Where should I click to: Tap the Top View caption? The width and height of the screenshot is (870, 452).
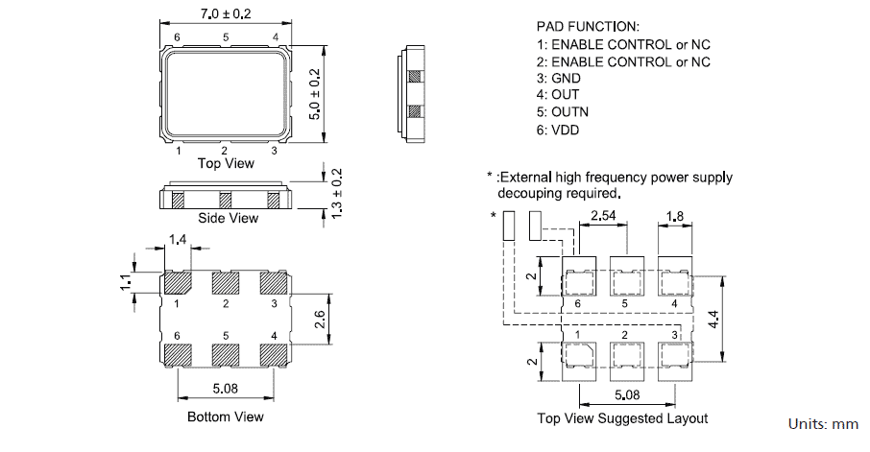[x=226, y=163]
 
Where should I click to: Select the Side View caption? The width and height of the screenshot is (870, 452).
[x=228, y=218]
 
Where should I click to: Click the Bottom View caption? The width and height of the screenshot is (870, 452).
[x=226, y=416]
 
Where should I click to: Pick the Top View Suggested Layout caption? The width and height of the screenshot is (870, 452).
[x=622, y=418]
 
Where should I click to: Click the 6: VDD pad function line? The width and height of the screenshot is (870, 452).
[x=558, y=130]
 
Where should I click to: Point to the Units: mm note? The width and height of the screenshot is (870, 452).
[x=823, y=423]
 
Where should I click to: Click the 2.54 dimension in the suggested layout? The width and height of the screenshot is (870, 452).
[x=603, y=217]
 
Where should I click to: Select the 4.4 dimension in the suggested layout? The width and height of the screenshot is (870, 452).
[x=740, y=320]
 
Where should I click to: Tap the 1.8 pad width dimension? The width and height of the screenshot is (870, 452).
[x=676, y=217]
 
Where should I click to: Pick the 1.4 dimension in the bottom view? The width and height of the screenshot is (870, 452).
[x=178, y=239]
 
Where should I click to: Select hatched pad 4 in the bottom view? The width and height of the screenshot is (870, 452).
[x=275, y=353]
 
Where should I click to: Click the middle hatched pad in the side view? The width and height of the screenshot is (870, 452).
[x=226, y=201]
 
